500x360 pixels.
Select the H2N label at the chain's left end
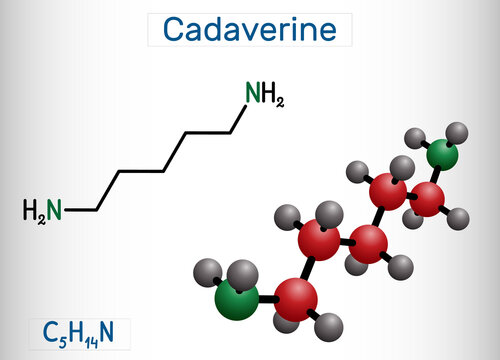tap(42, 210)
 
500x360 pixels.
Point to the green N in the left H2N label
tap(54, 210)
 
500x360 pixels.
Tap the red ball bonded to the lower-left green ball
tap(297, 297)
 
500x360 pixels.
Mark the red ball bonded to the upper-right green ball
tap(428, 197)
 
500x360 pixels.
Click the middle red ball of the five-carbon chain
tap(369, 241)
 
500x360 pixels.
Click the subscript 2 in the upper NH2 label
tap(281, 101)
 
